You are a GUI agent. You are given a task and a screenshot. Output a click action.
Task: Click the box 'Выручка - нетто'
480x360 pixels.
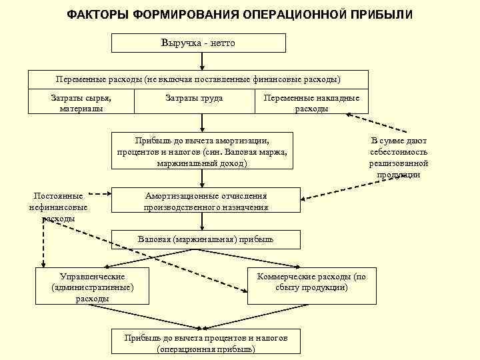[x=198, y=43]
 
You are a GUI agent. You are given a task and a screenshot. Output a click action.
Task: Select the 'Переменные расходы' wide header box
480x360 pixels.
[x=198, y=79]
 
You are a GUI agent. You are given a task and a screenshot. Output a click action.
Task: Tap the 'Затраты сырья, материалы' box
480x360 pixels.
[x=81, y=103]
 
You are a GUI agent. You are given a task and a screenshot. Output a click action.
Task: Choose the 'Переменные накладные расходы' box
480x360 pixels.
[x=311, y=103]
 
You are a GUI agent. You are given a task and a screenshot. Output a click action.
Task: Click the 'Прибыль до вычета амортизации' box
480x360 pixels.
[x=202, y=151]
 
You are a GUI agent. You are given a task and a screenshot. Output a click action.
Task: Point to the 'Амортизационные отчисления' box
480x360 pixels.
[x=206, y=201]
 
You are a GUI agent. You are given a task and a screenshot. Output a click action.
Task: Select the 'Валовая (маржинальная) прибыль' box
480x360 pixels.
[x=205, y=239]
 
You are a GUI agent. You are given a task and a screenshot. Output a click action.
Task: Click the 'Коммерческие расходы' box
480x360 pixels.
[x=311, y=283]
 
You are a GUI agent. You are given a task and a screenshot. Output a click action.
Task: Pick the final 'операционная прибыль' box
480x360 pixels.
[x=206, y=343]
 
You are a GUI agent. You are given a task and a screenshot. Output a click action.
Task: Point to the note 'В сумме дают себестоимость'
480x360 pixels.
[x=399, y=157]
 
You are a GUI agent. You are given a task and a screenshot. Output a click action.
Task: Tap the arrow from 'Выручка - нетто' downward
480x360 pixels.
[x=199, y=61]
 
